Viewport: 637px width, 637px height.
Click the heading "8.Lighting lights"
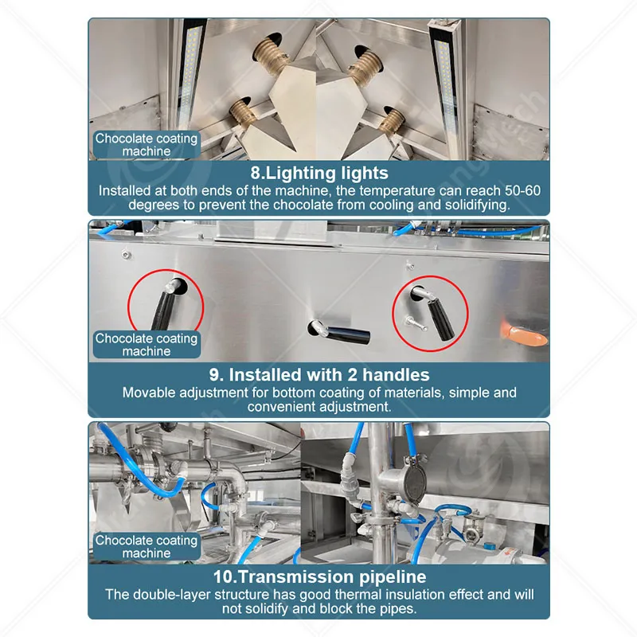point(319,173)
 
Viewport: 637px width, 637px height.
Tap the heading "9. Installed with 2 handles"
point(319,374)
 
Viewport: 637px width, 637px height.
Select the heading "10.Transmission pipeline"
point(320,576)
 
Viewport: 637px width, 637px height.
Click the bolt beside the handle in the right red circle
point(414,323)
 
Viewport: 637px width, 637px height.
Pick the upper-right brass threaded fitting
point(365,65)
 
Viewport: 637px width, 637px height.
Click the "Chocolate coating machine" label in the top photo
point(147,145)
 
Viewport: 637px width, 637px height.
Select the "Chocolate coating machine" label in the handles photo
point(147,345)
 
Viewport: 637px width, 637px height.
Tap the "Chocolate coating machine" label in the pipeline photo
point(147,546)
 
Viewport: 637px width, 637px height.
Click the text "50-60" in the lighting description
point(522,190)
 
